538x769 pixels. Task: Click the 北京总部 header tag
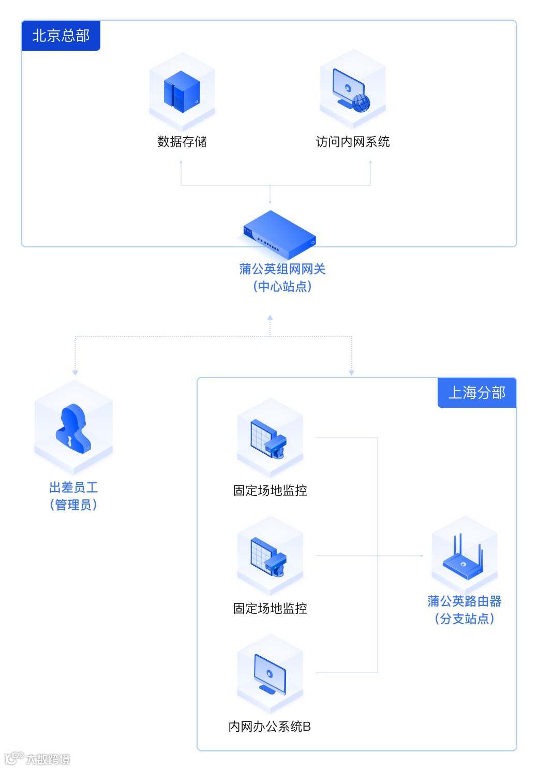point(61,36)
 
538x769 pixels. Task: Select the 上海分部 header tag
point(476,393)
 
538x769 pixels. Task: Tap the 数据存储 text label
point(182,142)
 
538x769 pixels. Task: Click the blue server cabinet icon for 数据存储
point(182,92)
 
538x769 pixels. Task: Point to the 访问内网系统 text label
point(353,142)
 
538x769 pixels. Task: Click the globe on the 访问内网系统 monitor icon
point(361,103)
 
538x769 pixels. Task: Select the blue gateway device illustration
point(280,235)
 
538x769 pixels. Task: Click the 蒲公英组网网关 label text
point(282,269)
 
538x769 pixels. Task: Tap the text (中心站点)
point(282,287)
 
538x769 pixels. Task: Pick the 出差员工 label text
point(73,487)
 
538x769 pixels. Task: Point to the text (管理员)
point(73,505)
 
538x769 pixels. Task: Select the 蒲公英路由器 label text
point(464,601)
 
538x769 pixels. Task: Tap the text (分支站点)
point(464,619)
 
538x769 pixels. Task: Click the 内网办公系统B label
point(270,727)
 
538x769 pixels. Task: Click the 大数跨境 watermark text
point(48,759)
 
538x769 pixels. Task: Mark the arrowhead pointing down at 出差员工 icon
point(76,373)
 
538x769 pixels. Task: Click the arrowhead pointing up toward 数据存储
point(181,162)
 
